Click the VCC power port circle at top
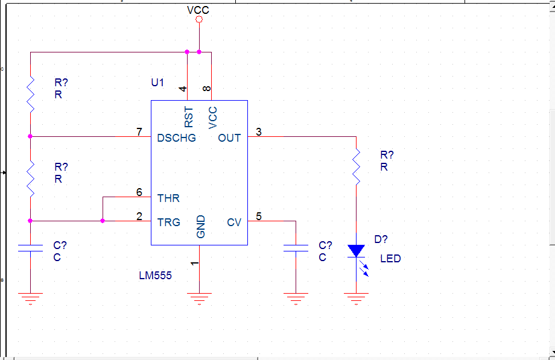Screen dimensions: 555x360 (199, 19)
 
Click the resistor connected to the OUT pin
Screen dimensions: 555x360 (356, 166)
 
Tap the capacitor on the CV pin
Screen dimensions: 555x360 (296, 248)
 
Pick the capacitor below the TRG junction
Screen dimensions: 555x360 (30, 248)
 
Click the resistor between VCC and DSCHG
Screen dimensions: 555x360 (30, 95)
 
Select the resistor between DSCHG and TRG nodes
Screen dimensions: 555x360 (30, 178)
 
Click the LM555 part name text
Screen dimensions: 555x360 (156, 276)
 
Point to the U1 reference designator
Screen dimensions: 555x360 (157, 83)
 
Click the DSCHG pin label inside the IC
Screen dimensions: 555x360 (176, 137)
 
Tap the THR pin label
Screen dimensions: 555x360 (168, 198)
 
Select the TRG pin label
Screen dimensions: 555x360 (169, 222)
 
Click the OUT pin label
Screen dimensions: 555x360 (229, 137)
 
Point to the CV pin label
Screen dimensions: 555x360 (234, 222)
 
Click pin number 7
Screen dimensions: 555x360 (139, 131)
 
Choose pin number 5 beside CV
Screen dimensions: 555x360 (259, 216)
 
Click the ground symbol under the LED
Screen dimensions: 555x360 (356, 298)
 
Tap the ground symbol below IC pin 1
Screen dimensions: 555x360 (199, 298)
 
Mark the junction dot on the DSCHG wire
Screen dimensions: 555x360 (30, 136)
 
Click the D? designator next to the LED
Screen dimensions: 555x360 (381, 239)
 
